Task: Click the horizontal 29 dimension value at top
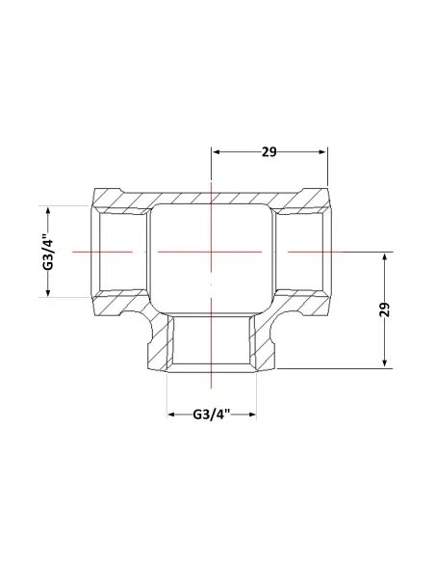[269, 152]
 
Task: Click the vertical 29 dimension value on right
[384, 309]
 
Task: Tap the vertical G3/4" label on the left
[48, 252]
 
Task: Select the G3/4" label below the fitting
[211, 415]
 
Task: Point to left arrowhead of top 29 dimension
[217, 152]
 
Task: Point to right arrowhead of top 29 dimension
[322, 152]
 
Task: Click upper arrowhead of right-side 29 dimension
[385, 257]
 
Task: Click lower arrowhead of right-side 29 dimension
[385, 363]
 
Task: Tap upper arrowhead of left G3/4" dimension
[48, 211]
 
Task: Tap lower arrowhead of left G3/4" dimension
[48, 293]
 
